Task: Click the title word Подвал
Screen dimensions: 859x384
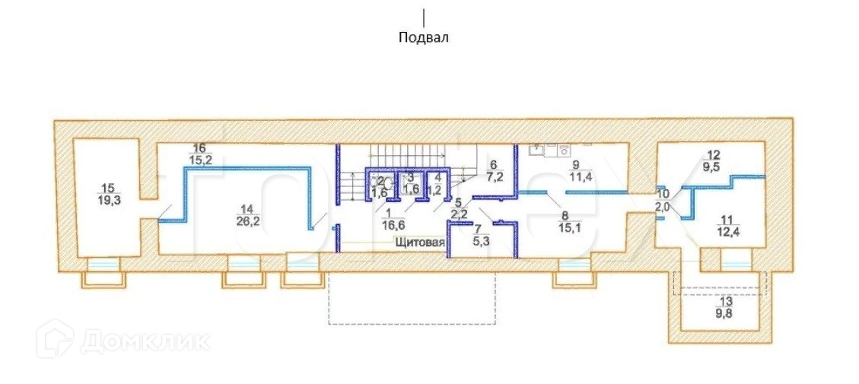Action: click(424, 37)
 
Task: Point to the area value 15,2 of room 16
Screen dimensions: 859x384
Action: click(200, 160)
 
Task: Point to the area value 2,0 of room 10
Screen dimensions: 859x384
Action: click(662, 206)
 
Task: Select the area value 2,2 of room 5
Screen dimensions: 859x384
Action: click(460, 214)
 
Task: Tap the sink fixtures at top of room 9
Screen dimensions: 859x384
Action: click(549, 148)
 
